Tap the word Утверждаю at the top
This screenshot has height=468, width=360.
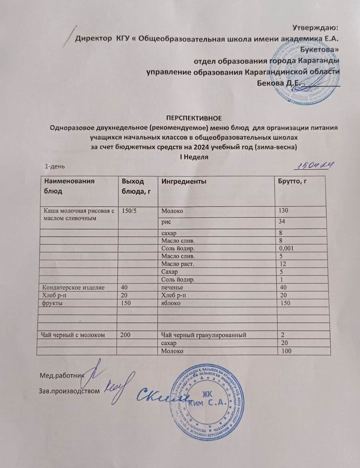click(316, 28)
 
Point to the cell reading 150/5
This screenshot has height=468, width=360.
click(129, 210)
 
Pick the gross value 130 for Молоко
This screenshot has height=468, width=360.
click(283, 211)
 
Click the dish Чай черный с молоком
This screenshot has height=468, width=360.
click(71, 335)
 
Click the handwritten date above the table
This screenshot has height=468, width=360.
click(314, 165)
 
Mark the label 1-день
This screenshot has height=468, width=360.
click(55, 166)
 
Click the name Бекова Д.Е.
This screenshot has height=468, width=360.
click(277, 83)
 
